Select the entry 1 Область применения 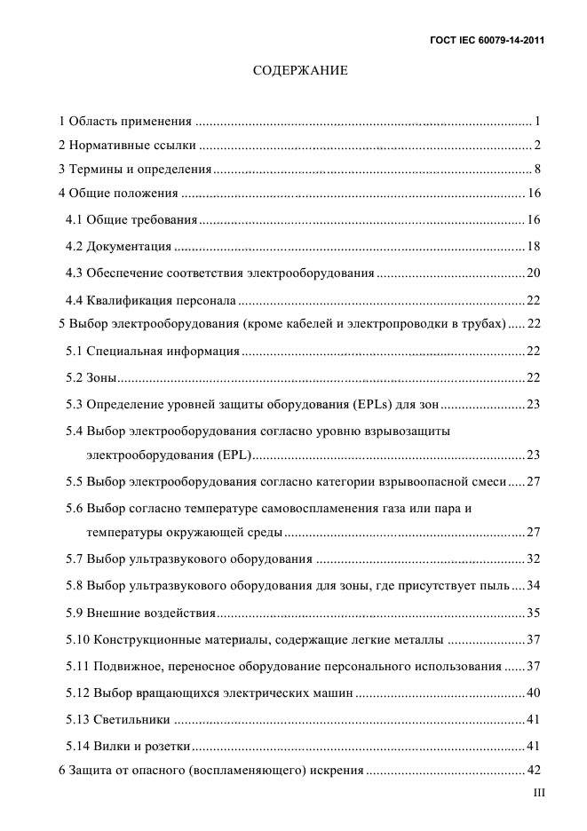[125, 120]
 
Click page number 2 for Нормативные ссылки [538, 144]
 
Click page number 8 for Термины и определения [538, 169]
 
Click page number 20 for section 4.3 [534, 273]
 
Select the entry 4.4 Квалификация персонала [151, 299]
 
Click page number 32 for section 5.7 [534, 559]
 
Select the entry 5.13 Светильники [119, 719]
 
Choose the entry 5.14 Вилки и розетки [129, 745]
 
